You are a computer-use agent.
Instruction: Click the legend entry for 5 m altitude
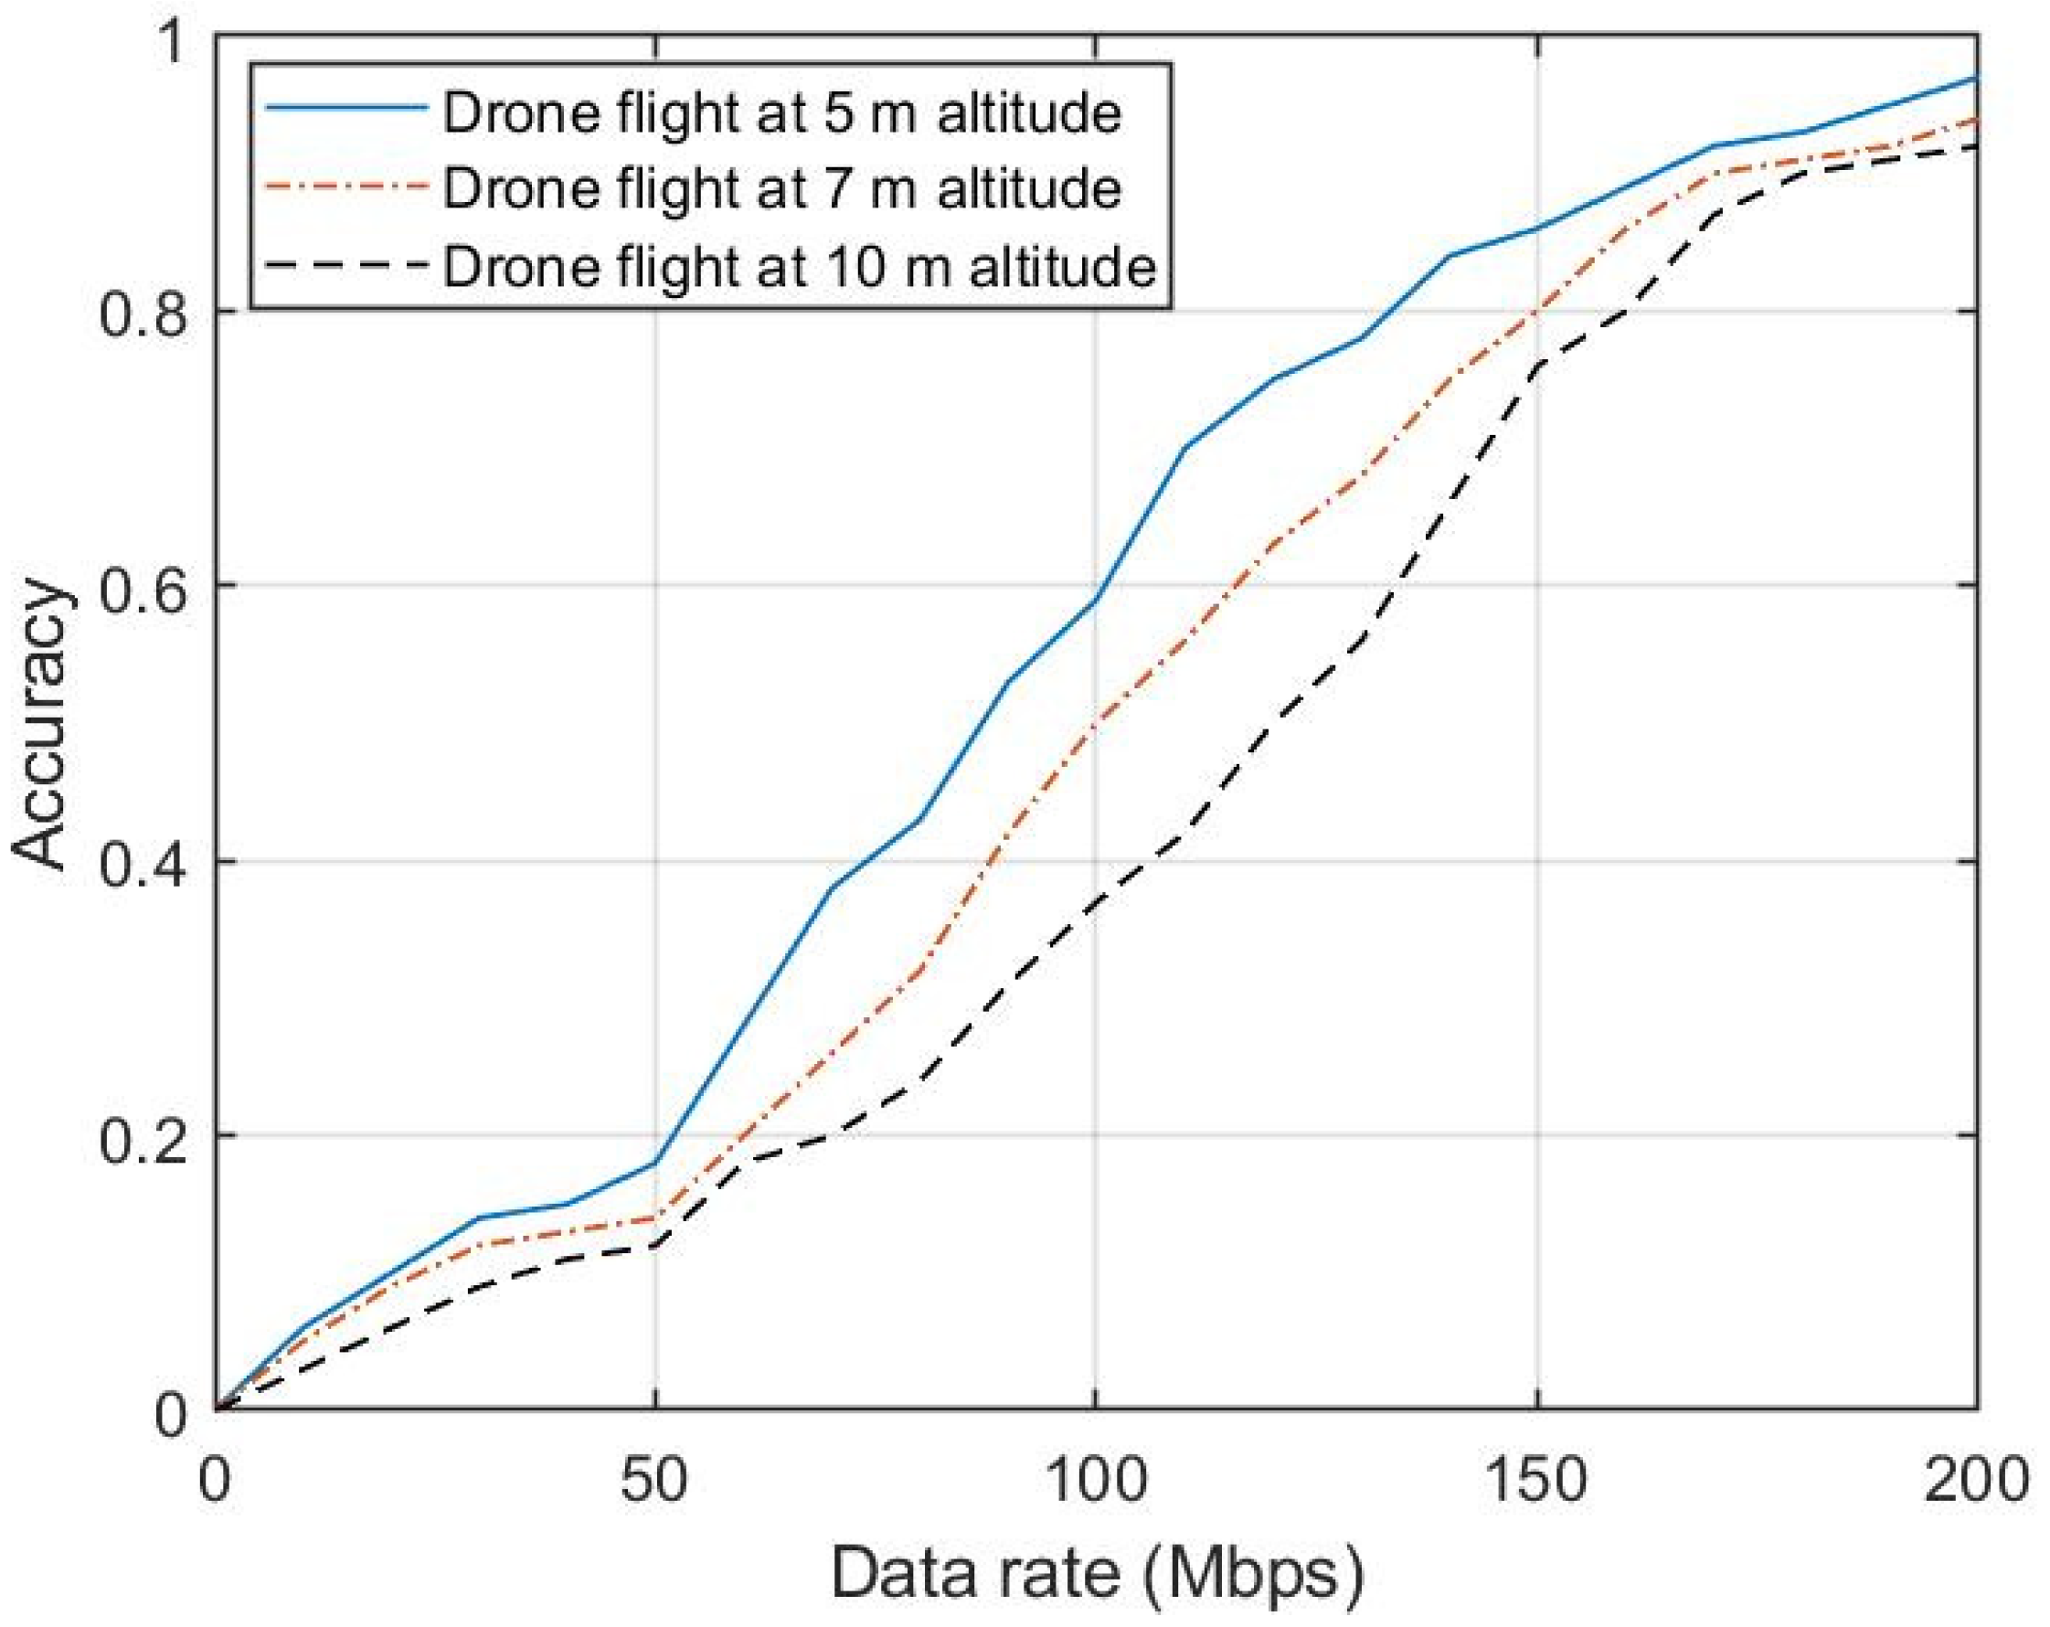pos(781,113)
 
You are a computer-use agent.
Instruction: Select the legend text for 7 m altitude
pos(781,189)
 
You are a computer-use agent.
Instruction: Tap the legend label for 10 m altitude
pos(799,266)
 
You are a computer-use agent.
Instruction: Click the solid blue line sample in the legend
pos(346,109)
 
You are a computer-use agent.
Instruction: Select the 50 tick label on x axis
pos(654,1481)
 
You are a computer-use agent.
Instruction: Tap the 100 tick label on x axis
pos(1094,1481)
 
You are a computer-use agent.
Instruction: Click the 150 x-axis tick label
pos(1535,1481)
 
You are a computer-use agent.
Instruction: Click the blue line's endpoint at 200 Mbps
pos(1976,78)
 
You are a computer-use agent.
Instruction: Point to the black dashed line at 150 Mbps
pos(1536,364)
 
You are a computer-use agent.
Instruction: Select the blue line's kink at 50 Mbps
pos(655,1163)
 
